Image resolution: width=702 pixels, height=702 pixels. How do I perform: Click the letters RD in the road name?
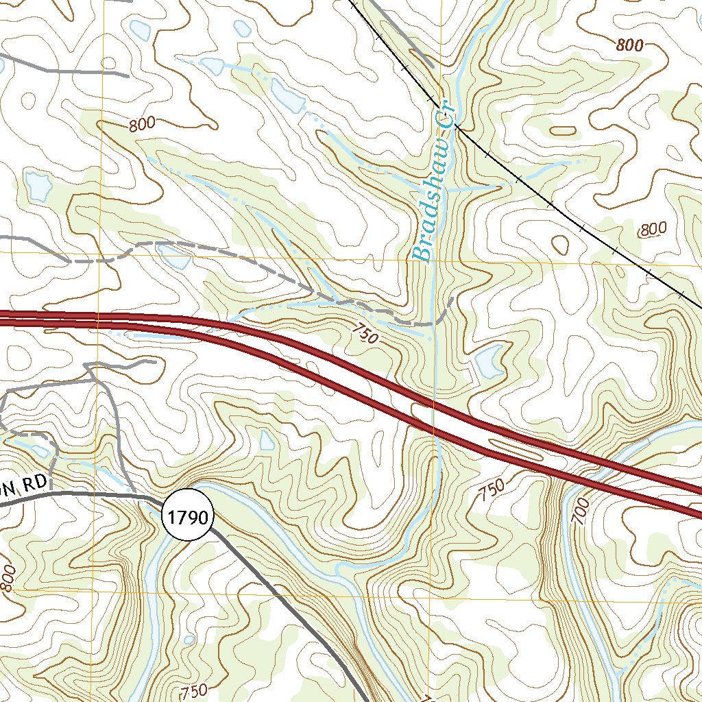click(x=34, y=484)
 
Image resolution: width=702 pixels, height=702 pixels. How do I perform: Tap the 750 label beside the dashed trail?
click(x=365, y=334)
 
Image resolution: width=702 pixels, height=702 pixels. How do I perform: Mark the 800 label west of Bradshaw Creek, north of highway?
click(x=141, y=125)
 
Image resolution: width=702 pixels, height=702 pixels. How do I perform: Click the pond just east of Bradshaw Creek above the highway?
click(x=488, y=361)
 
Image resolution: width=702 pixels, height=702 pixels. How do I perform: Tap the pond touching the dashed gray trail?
click(x=173, y=256)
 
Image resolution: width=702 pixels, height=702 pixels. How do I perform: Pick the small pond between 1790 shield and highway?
click(x=267, y=439)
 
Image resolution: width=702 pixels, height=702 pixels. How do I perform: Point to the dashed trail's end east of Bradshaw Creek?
click(x=453, y=298)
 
